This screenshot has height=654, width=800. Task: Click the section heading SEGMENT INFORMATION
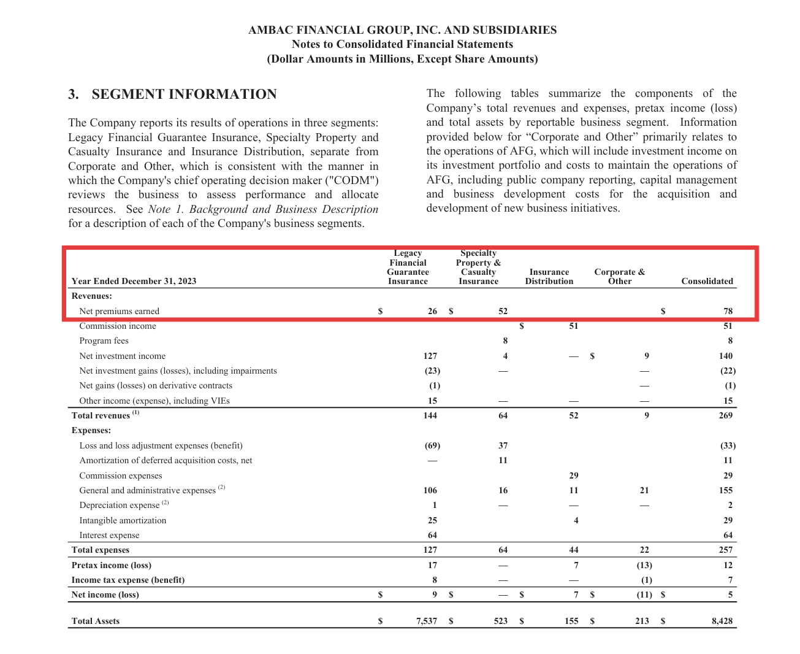[x=184, y=94]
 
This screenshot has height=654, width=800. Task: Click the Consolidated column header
[x=707, y=281]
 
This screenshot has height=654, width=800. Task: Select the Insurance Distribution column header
[x=549, y=277]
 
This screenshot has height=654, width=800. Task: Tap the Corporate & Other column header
[x=619, y=277]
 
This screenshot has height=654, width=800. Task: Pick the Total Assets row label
[x=96, y=621]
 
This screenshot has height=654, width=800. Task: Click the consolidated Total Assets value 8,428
[x=722, y=621]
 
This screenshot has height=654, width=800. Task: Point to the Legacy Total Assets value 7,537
[x=427, y=621]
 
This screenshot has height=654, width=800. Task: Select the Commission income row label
[x=118, y=326]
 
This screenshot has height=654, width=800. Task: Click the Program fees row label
[x=104, y=341]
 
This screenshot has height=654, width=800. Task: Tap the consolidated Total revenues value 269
[x=726, y=415]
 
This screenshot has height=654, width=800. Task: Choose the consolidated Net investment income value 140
[x=726, y=356]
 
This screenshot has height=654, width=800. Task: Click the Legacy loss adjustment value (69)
[x=432, y=445]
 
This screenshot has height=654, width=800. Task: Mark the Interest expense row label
[x=109, y=535]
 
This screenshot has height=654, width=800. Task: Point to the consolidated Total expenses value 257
[x=726, y=550]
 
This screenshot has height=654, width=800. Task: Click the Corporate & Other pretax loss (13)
[x=644, y=565]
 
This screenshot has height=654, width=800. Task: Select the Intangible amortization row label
[x=123, y=520]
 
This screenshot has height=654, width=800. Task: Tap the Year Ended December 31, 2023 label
[x=134, y=281]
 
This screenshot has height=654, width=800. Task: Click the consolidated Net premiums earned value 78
[x=728, y=311]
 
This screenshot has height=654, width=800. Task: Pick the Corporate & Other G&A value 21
[x=644, y=490]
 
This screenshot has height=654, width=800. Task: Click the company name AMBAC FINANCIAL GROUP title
[x=402, y=30]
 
